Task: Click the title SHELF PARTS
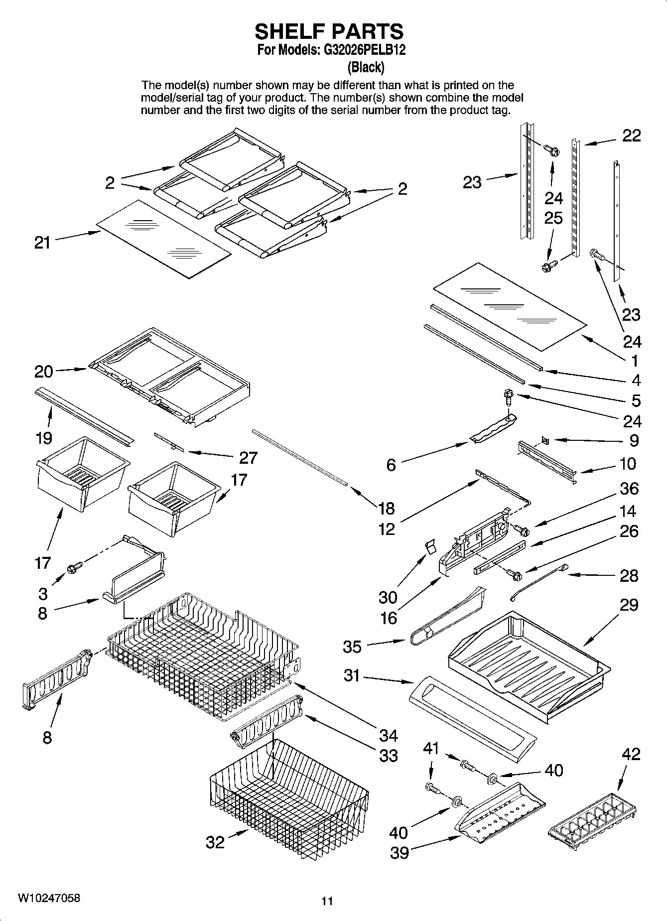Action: [329, 31]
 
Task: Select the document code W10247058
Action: [48, 898]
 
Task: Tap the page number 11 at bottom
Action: [327, 901]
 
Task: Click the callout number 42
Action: [631, 754]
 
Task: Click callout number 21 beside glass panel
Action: [42, 243]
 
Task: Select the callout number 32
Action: [215, 842]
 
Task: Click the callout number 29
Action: [629, 605]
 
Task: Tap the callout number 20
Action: [43, 372]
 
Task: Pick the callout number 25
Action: [553, 218]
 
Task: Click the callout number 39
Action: [399, 853]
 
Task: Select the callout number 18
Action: [386, 509]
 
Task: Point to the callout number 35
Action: [352, 647]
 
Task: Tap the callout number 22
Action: [632, 135]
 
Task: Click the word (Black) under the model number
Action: [366, 67]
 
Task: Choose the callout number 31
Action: [352, 675]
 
